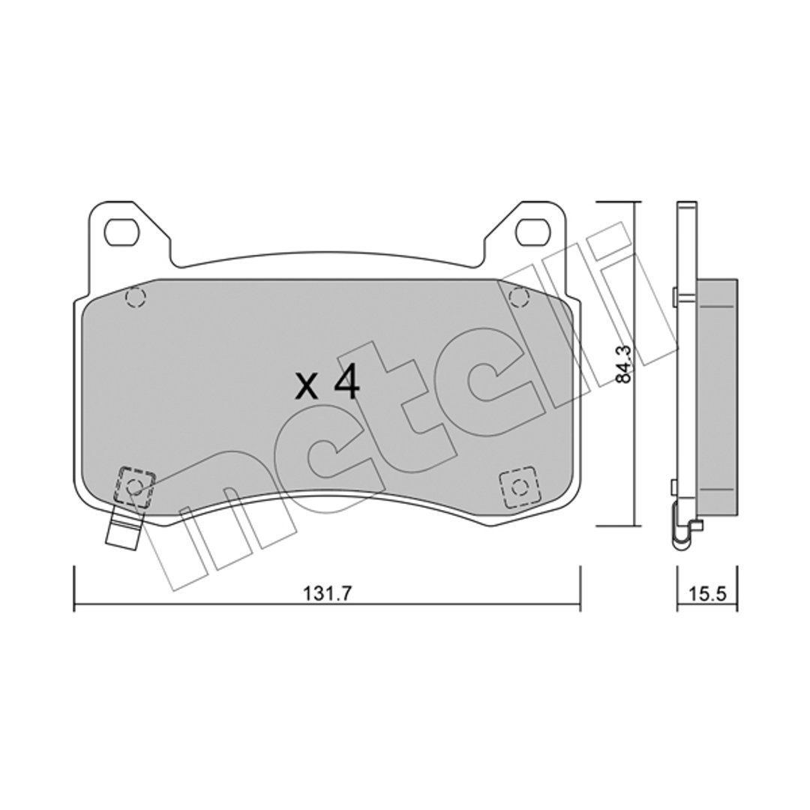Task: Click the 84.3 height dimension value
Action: pyautogui.click(x=623, y=364)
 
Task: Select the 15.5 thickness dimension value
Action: pyautogui.click(x=708, y=594)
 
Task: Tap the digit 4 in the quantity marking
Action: pyautogui.click(x=346, y=385)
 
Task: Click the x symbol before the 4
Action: pyautogui.click(x=306, y=388)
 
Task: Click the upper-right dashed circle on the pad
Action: pyautogui.click(x=519, y=298)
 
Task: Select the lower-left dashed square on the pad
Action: pyautogui.click(x=135, y=486)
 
